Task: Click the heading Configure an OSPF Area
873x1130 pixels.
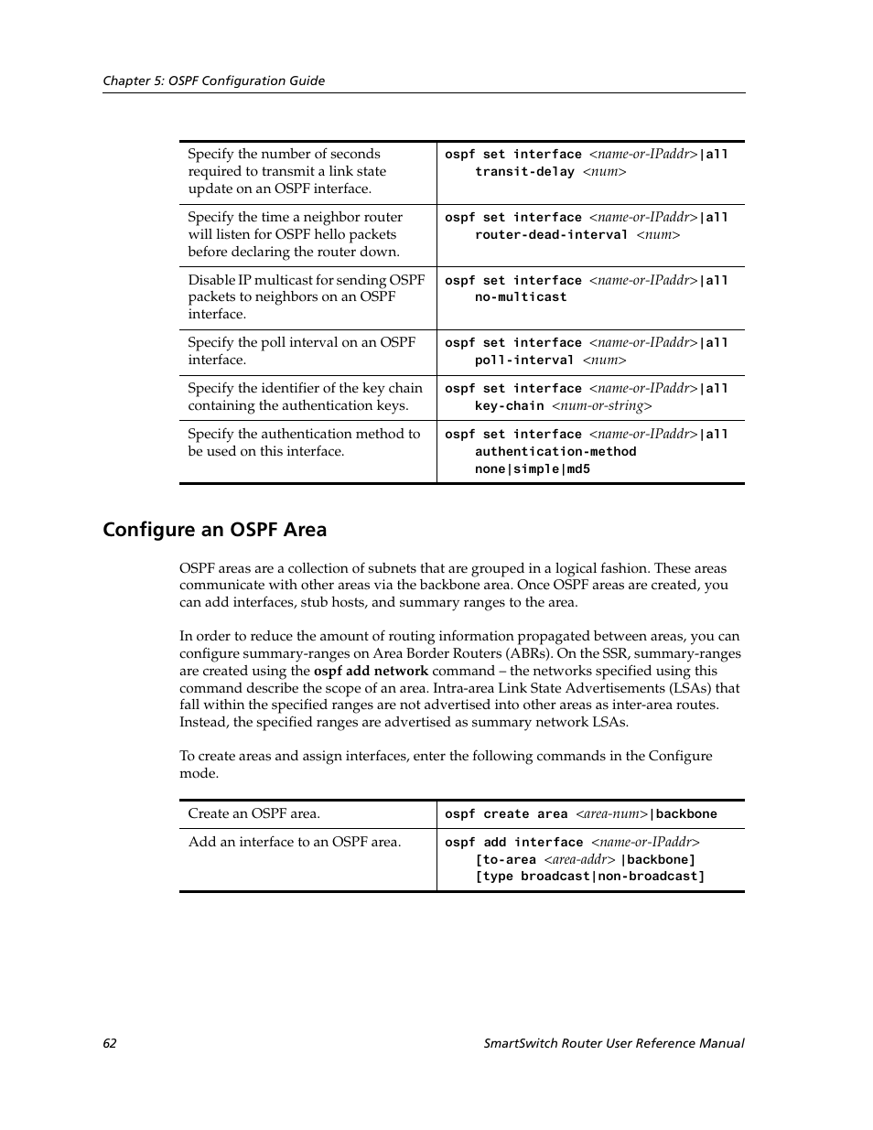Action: tap(214, 530)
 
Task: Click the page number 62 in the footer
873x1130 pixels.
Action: tap(110, 1043)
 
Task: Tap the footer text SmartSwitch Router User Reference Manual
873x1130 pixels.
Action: tap(613, 1043)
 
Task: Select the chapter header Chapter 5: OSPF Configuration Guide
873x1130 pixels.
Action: tap(213, 81)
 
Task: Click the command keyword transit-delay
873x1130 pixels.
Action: tap(524, 172)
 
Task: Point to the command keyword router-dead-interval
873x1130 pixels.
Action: tap(551, 235)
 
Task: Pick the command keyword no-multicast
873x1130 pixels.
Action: tap(521, 297)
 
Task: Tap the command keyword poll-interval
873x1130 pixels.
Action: tap(524, 361)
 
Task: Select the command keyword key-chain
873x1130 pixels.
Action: tap(509, 406)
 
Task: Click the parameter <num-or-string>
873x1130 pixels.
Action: tap(601, 406)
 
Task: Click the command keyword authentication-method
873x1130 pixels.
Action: tap(555, 452)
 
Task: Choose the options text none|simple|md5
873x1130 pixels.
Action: tap(533, 469)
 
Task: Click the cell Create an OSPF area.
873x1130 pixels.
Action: tap(253, 813)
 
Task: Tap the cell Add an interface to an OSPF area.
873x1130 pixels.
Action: tap(294, 842)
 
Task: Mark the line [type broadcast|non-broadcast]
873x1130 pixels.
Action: tap(590, 877)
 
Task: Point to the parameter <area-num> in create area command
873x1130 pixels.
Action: tap(611, 814)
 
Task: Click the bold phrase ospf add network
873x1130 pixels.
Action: tap(371, 671)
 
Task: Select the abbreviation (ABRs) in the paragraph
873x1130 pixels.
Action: tap(530, 653)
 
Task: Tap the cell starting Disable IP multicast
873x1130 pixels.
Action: tap(306, 296)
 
